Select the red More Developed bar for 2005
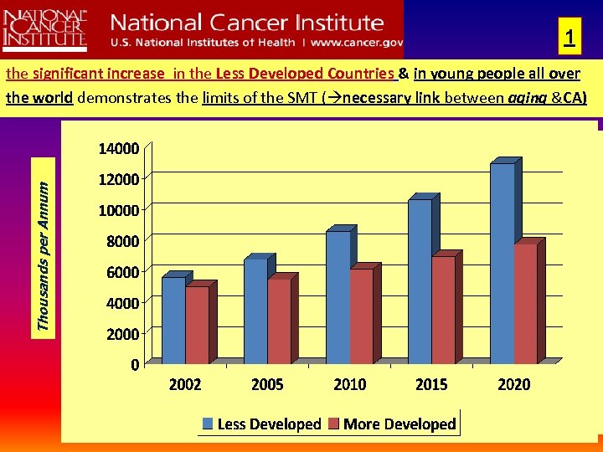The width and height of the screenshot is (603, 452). coord(279,321)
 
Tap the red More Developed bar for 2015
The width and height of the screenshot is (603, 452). coord(443,310)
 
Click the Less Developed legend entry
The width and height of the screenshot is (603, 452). coord(260,424)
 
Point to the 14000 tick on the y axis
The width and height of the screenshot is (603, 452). coord(119,149)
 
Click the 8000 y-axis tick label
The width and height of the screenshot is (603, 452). coord(122,241)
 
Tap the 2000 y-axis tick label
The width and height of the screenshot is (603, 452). coord(122,333)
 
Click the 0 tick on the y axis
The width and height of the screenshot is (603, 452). coord(134,364)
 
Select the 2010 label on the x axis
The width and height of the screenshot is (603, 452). coord(349,385)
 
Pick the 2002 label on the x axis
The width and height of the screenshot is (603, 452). coord(185,385)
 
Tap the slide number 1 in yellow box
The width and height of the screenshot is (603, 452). coord(569,39)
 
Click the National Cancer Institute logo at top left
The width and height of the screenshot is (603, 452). coord(44,28)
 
